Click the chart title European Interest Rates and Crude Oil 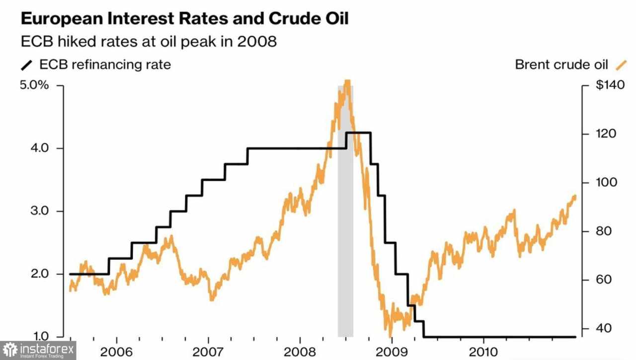184,19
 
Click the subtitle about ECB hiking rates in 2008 149,41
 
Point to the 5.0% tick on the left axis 35,85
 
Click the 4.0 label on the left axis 39,148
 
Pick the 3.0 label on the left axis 39,211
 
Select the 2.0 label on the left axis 39,274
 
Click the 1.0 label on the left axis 39,336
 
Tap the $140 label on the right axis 607,85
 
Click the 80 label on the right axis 604,231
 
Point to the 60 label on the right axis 604,280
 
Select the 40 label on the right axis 604,329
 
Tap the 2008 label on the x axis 300,351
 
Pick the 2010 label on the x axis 484,351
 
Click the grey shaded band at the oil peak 345,223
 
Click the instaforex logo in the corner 38,351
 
